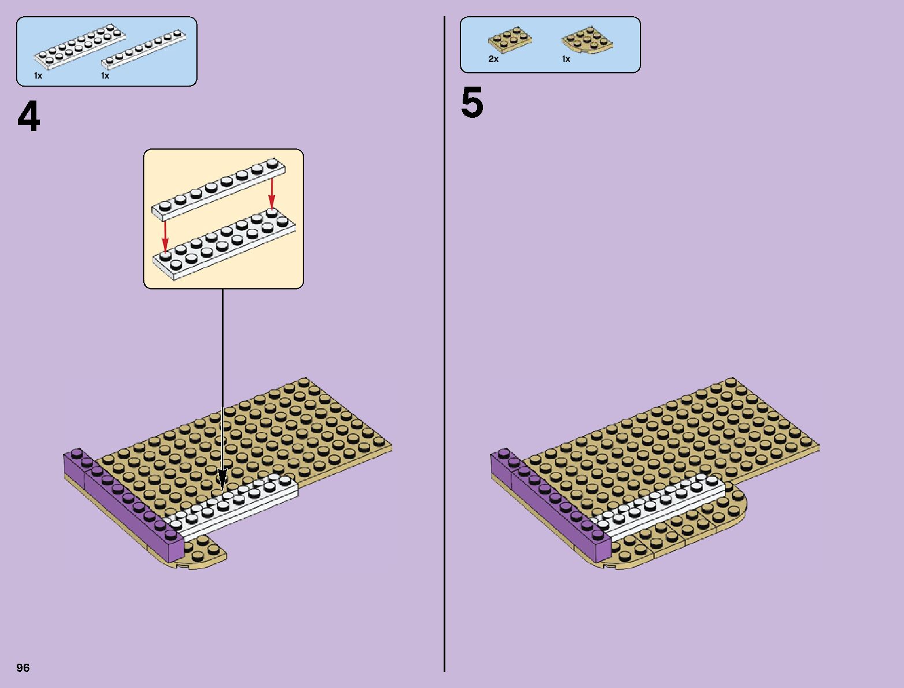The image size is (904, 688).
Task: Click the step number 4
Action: pos(29,118)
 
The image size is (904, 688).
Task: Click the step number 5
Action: pos(472,105)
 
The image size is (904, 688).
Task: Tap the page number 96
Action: pos(23,668)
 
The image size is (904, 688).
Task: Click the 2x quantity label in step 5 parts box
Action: pos(493,59)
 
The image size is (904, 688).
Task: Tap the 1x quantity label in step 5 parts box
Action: pos(566,59)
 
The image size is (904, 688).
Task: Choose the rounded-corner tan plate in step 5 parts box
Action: pos(587,40)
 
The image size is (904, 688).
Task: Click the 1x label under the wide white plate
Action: pos(38,76)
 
